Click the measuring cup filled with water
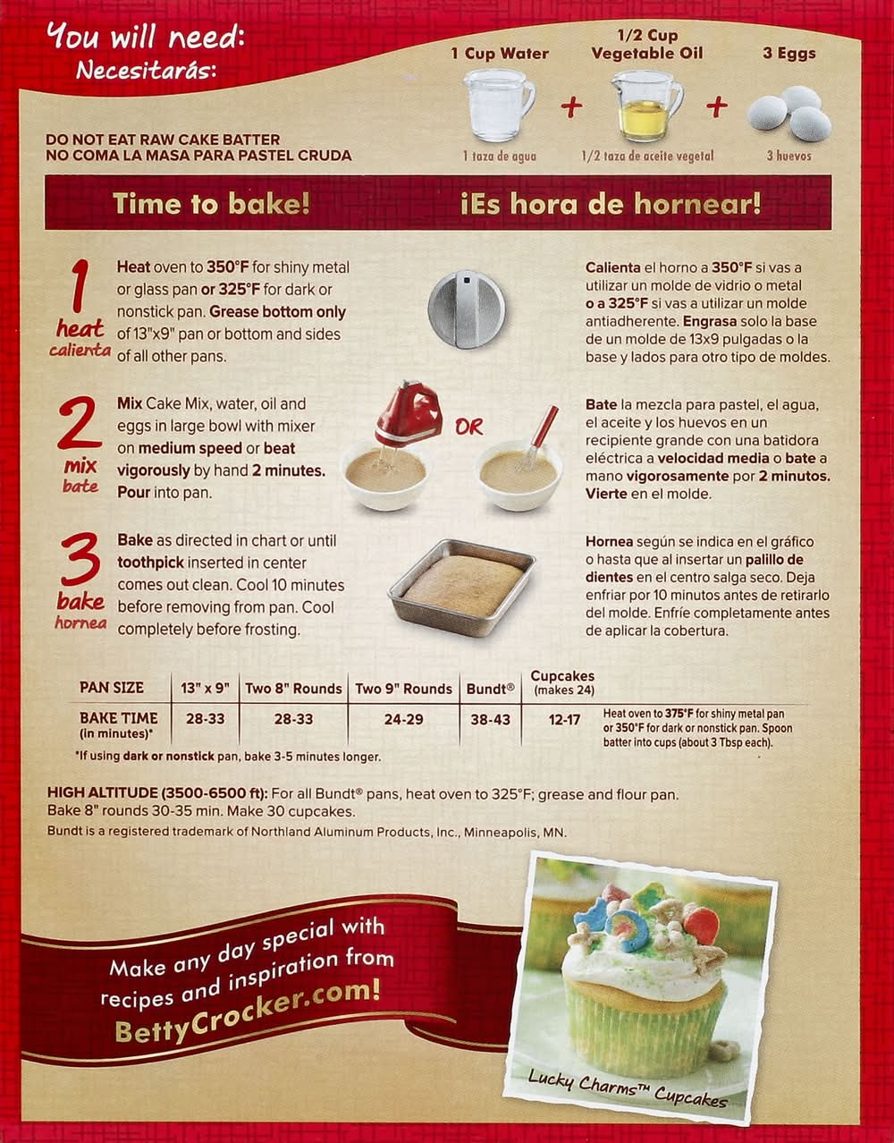[498, 106]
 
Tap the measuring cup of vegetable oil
[647, 106]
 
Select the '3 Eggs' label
[789, 53]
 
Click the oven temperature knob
[466, 309]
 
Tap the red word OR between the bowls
[468, 428]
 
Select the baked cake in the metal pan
[461, 587]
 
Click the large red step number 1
[79, 287]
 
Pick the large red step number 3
[80, 559]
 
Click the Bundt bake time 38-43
[490, 720]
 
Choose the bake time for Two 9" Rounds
[403, 720]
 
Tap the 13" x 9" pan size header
[205, 689]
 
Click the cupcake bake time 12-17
[564, 720]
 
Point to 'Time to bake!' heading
[211, 204]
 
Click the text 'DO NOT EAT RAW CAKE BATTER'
[163, 140]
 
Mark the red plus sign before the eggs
[717, 106]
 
